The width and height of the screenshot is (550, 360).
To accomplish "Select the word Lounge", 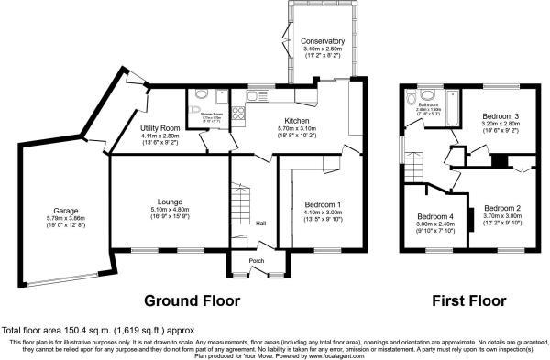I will [169, 200].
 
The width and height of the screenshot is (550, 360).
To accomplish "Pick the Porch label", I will [256, 260].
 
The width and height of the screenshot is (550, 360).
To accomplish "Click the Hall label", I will [260, 224].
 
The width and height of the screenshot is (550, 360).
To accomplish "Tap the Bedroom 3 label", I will [501, 116].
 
